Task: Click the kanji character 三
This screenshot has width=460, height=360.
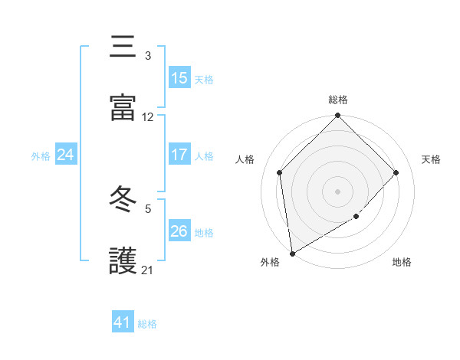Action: (123, 47)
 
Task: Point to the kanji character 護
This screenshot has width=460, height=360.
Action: (123, 260)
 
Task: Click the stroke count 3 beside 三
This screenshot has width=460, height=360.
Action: (148, 56)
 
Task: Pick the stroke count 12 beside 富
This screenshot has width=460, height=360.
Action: (148, 117)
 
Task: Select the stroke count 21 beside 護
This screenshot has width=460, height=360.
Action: (148, 270)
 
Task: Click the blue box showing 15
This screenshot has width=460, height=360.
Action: (179, 78)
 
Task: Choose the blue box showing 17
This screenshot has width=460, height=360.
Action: (179, 155)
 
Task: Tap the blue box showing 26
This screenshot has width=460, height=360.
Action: (179, 231)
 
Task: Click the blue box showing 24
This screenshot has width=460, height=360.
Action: (66, 155)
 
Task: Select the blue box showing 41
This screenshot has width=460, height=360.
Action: (123, 322)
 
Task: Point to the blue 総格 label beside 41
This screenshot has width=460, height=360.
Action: (147, 324)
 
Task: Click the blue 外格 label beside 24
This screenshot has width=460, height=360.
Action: (41, 155)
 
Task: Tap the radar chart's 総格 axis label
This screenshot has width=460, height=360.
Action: (338, 100)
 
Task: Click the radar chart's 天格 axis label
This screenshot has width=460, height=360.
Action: (431, 159)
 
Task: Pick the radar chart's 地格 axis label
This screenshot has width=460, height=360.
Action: (402, 263)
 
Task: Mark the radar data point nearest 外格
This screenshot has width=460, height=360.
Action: (292, 253)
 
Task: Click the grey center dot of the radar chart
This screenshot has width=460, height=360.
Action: (338, 191)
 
